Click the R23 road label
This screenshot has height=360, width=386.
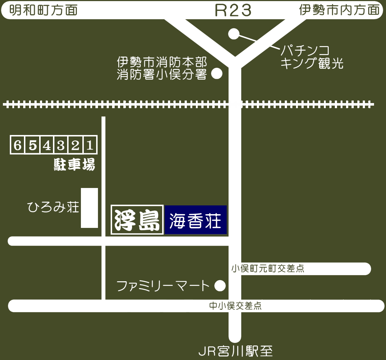point(233,11)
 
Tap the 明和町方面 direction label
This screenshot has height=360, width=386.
point(44,10)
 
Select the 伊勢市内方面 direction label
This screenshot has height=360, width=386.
point(339,10)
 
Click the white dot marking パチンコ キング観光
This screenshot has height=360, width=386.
point(234,34)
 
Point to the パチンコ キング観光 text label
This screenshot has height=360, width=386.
point(312,57)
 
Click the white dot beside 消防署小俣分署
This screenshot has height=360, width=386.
point(217,74)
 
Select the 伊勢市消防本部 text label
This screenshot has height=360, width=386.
point(162,62)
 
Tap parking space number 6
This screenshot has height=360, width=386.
point(17,145)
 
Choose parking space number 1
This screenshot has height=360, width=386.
point(90,145)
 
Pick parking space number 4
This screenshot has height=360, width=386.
point(46,145)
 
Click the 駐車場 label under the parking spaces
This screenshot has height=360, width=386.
point(74,165)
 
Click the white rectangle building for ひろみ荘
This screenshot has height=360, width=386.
point(89,208)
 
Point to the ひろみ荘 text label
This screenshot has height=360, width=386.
point(53,208)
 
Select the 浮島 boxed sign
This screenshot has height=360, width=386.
point(137,220)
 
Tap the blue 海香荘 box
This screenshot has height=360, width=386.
point(196,220)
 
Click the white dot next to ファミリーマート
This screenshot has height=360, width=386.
point(220,286)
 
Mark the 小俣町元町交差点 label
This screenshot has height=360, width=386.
point(268,269)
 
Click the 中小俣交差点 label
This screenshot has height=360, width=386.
point(235,306)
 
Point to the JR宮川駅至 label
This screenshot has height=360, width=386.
point(235,351)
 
